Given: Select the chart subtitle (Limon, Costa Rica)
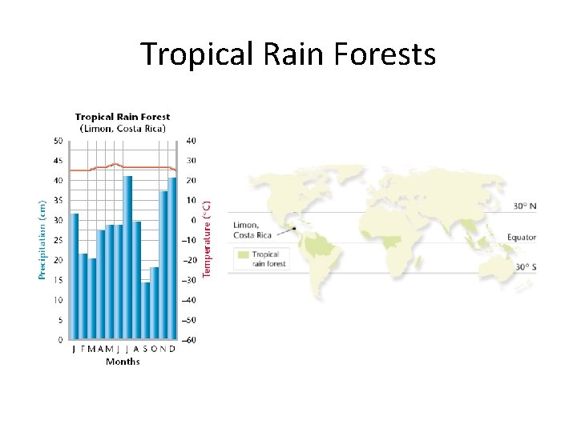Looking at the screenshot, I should click(x=123, y=128).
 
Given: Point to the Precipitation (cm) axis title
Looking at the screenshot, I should click(x=42, y=239).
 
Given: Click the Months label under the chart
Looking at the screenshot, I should click(x=123, y=362).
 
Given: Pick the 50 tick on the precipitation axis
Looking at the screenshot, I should click(x=58, y=141).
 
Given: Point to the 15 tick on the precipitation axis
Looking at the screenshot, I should click(x=58, y=280).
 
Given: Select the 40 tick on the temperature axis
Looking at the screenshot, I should click(x=192, y=141).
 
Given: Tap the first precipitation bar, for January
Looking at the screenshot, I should click(x=75, y=276).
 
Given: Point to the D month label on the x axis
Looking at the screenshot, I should click(x=172, y=350).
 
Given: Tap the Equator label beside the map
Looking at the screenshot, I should click(x=521, y=238).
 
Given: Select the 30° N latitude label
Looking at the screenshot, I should click(x=524, y=206).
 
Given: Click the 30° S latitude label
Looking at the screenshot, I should click(x=524, y=267).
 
